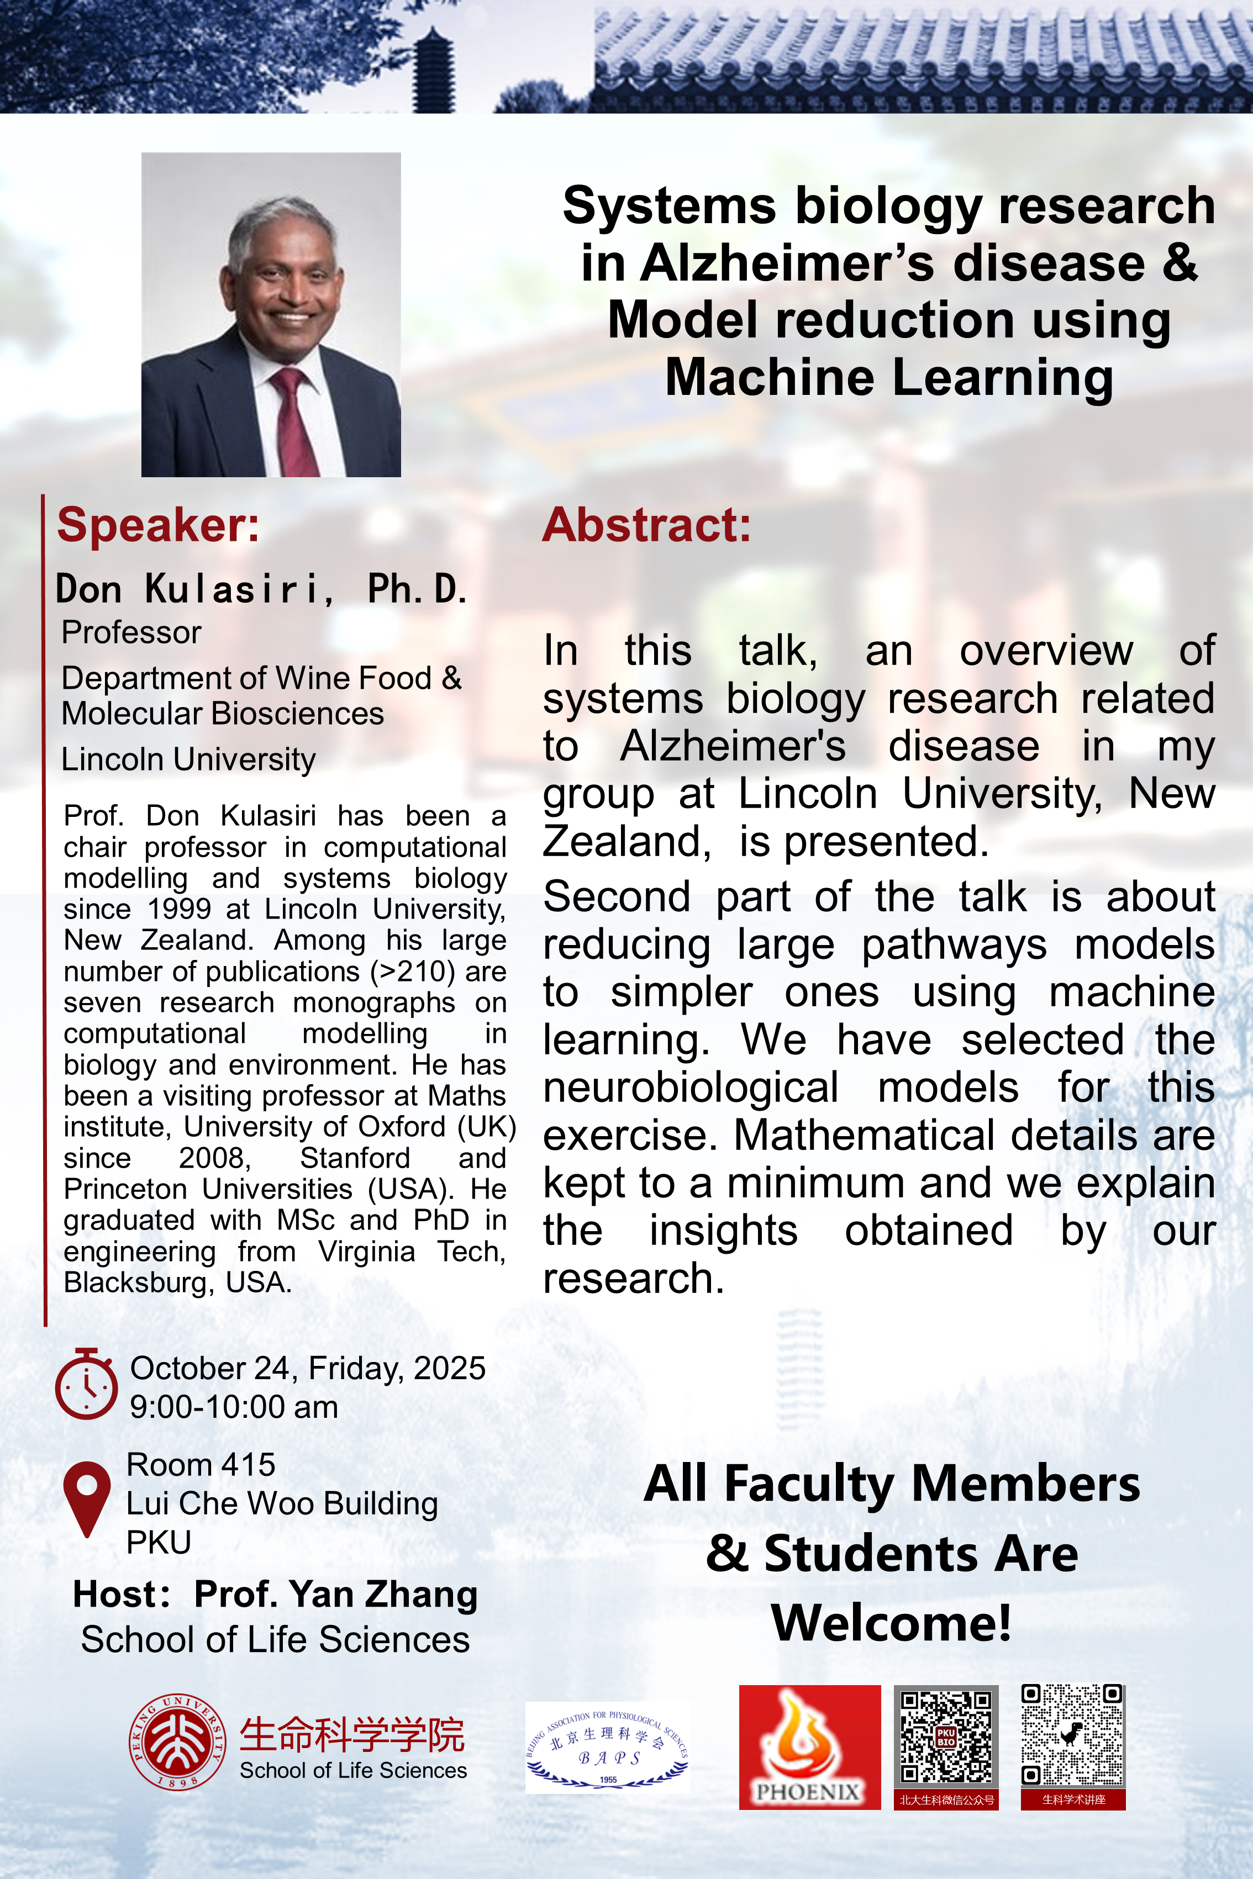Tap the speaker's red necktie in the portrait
tap(296, 424)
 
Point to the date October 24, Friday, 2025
tap(308, 1369)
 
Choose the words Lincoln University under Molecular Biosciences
tap(188, 759)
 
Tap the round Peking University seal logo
tap(177, 1741)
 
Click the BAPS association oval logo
tap(607, 1747)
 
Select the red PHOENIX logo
tap(809, 1747)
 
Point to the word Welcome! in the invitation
tap(891, 1623)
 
